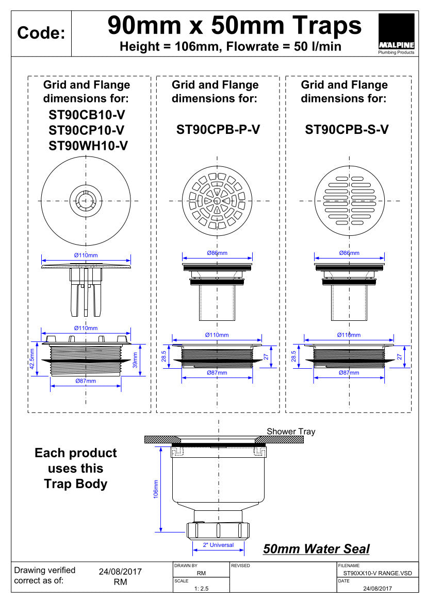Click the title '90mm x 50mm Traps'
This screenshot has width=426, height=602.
coord(234,25)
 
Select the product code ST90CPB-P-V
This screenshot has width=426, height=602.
coord(218,130)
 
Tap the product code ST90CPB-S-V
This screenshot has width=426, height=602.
coord(347,130)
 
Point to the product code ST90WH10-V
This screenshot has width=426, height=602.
coord(88,146)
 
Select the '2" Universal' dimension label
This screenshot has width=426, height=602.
coord(218,545)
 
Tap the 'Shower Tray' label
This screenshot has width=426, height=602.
coord(290,432)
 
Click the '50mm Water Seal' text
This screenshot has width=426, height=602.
coord(316,549)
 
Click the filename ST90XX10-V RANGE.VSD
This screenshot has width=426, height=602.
coord(378,573)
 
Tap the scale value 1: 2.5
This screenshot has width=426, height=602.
coord(201,588)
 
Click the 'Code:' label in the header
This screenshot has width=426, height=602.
coord(41,33)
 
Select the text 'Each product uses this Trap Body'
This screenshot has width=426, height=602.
coord(76,468)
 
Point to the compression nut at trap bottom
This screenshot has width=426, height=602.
coord(218,530)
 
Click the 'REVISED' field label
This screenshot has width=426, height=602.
coord(240,565)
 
